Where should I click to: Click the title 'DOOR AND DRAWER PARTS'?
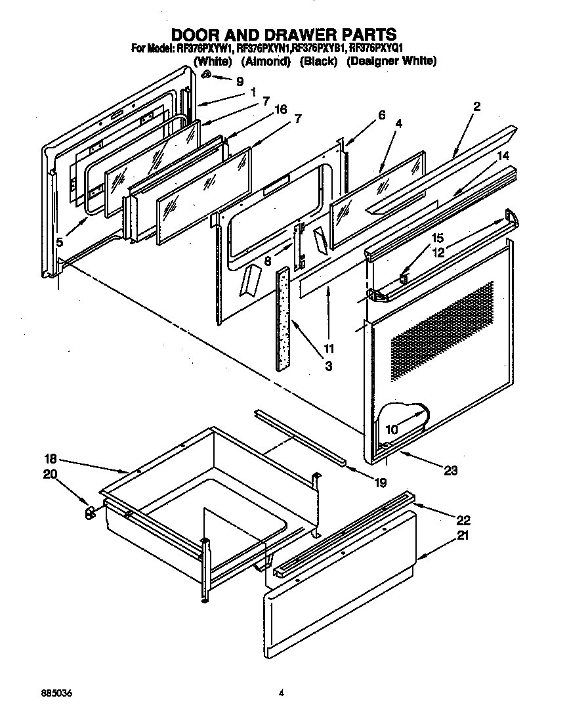(283, 34)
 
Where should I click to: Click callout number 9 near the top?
(240, 82)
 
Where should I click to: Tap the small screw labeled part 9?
(206, 76)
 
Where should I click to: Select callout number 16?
(281, 110)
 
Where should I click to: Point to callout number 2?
(477, 106)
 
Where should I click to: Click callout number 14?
(503, 156)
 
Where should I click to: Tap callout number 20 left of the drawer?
(51, 475)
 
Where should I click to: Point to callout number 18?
(51, 459)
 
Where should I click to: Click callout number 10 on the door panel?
(392, 430)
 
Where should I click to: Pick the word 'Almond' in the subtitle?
(266, 61)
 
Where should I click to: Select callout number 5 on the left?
(59, 242)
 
